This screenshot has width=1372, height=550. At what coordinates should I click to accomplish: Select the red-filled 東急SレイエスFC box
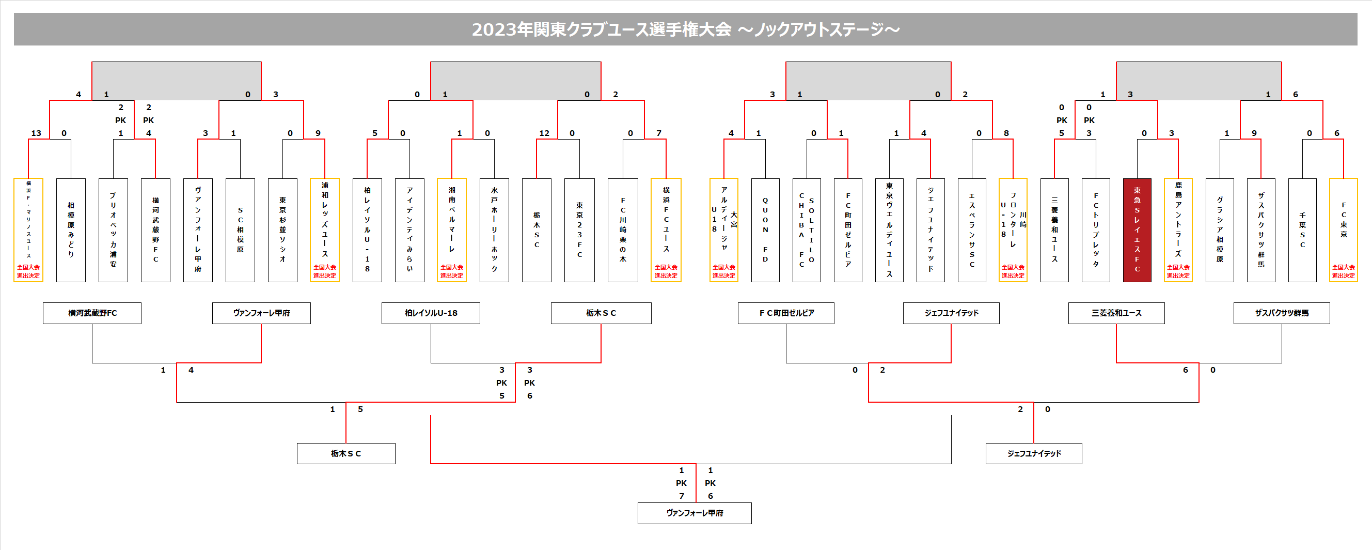click(x=1137, y=230)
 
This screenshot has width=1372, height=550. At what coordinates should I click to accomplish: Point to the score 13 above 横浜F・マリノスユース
click(x=36, y=133)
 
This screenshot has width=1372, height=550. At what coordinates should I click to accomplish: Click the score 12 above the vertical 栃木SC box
click(x=544, y=133)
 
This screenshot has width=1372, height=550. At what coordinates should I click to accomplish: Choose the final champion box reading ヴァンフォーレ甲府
click(x=695, y=513)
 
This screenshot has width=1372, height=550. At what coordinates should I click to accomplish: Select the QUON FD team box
click(x=765, y=230)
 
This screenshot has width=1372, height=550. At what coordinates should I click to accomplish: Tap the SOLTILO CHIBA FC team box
click(x=807, y=230)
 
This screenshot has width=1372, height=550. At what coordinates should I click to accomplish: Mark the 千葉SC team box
click(x=1302, y=230)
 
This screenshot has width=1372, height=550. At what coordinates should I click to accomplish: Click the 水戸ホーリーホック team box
click(x=494, y=230)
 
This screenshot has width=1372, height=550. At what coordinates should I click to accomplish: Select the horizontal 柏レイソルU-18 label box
click(x=430, y=313)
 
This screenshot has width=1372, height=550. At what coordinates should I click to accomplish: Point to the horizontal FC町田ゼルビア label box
click(x=786, y=313)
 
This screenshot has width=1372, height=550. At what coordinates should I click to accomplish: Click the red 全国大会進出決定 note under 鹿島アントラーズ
click(x=1178, y=271)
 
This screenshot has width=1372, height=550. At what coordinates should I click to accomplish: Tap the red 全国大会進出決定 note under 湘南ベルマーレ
click(x=452, y=271)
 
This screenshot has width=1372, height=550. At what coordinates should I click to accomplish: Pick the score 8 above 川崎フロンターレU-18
click(x=1006, y=133)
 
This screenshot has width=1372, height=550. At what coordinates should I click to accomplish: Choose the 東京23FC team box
click(x=579, y=230)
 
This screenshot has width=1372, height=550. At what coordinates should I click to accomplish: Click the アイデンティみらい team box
click(x=409, y=230)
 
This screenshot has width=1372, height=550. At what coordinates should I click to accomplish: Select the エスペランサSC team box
click(x=971, y=230)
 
